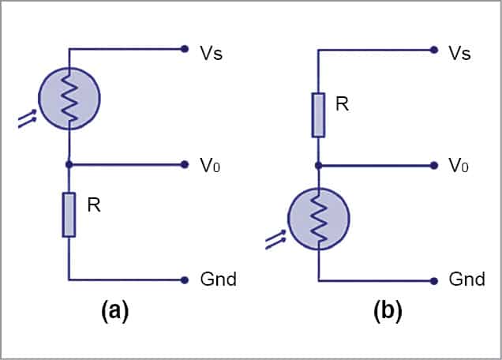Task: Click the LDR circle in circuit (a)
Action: (x=69, y=99)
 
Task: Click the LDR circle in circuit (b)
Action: (x=318, y=219)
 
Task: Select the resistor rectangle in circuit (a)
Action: (x=69, y=214)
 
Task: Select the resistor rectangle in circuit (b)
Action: (x=318, y=114)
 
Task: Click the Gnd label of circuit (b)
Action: (x=466, y=280)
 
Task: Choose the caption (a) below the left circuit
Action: (x=114, y=310)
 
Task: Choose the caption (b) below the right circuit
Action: (x=388, y=311)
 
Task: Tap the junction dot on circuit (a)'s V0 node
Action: (x=69, y=164)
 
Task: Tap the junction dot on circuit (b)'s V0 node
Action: (x=318, y=166)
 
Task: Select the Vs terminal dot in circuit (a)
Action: (x=184, y=49)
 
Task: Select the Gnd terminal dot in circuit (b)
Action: (x=433, y=280)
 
